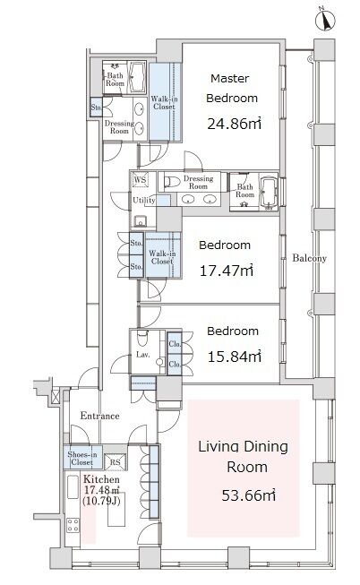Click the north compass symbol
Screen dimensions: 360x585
pos(325,20)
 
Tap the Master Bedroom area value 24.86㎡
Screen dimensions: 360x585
pos(234,124)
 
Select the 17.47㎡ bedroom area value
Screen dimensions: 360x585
pos(227,271)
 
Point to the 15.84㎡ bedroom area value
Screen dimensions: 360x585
pos(234,357)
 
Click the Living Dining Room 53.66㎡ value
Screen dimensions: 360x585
pos(248,495)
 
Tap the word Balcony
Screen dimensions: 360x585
pos(309,258)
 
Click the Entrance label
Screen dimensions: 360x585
pos(99,416)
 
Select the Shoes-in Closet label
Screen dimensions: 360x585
pos(82,458)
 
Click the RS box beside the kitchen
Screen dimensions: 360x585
pos(115,462)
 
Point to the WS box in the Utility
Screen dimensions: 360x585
pos(140,179)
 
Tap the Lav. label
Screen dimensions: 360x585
pos(143,355)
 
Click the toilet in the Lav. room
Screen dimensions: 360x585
pos(142,338)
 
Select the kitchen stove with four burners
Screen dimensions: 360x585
pos(73,526)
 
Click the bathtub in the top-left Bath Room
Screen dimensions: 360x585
pos(137,77)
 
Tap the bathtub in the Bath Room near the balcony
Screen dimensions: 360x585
pos(269,192)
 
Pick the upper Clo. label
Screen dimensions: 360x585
pos(175,344)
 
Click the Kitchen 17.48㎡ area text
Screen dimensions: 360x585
pos(101,489)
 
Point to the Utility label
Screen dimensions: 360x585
pos(144,200)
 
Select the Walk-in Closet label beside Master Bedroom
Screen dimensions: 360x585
pos(164,103)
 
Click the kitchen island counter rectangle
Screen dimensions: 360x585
pos(116,510)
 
